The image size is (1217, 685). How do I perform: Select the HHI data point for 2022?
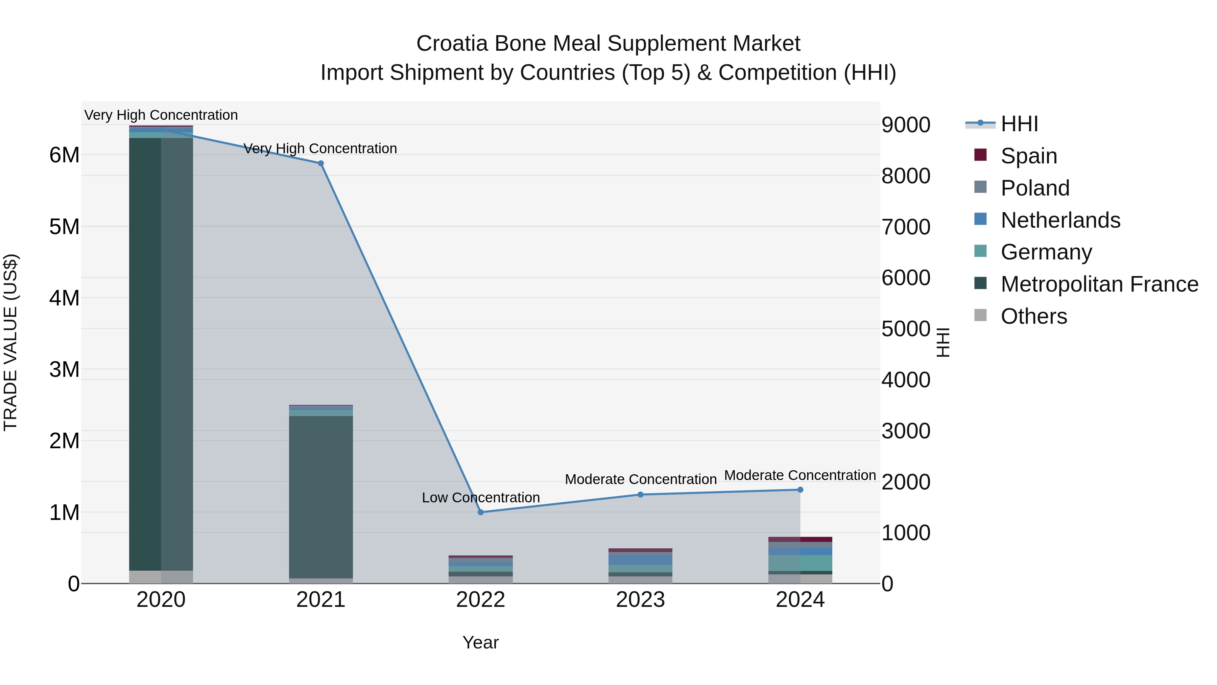coord(480,512)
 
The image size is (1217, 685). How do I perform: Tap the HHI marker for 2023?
coord(641,495)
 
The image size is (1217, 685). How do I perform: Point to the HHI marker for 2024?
coord(800,490)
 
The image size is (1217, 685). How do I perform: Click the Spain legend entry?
coord(1028,156)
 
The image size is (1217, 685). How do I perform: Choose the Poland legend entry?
coord(1035,188)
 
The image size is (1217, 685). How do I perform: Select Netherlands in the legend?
coord(1060,220)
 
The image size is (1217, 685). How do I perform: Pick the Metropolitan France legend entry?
coord(1099,284)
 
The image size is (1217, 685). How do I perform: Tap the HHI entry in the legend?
coord(1019,124)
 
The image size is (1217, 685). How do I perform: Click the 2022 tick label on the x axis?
coord(480,600)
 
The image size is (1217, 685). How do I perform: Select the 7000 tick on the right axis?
coord(906,227)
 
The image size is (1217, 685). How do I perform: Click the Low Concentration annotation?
coord(480,498)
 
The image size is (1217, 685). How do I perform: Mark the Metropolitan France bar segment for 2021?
coord(321,496)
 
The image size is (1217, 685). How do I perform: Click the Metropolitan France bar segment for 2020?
coord(161,355)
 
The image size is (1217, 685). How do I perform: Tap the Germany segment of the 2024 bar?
coord(800,563)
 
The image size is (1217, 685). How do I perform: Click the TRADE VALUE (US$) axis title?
coord(10,343)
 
